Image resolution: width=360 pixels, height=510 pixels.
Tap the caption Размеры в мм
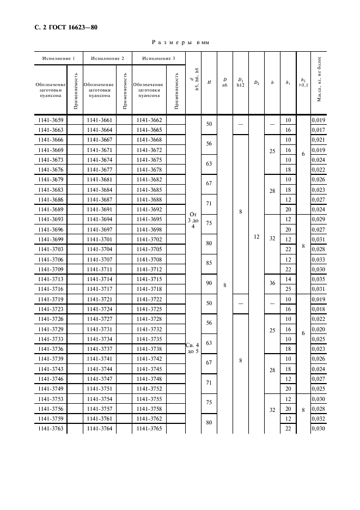[x=180, y=42]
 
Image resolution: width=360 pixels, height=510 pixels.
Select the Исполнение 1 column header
[x=58, y=58]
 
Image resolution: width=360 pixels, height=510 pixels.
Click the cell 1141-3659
[x=50, y=120]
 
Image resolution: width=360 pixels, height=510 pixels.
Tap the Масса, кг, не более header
[x=319, y=83]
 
